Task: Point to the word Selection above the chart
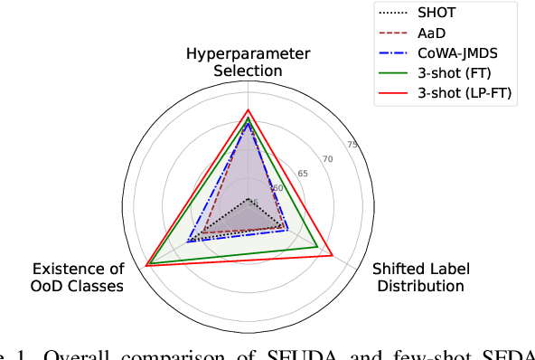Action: [x=248, y=71]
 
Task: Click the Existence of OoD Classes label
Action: [x=78, y=277]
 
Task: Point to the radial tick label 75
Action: [x=352, y=145]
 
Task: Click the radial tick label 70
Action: [x=327, y=159]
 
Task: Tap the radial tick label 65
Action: [x=302, y=174]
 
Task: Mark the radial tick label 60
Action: [x=277, y=188]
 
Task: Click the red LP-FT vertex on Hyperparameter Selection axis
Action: [x=248, y=109]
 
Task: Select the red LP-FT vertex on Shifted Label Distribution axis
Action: [x=333, y=256]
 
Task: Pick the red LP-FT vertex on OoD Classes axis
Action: [x=146, y=265]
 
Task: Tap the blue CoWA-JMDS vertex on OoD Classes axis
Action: [x=188, y=242]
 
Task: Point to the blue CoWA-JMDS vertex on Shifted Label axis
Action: [x=287, y=230]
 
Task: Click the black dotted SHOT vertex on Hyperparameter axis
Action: [x=248, y=198]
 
